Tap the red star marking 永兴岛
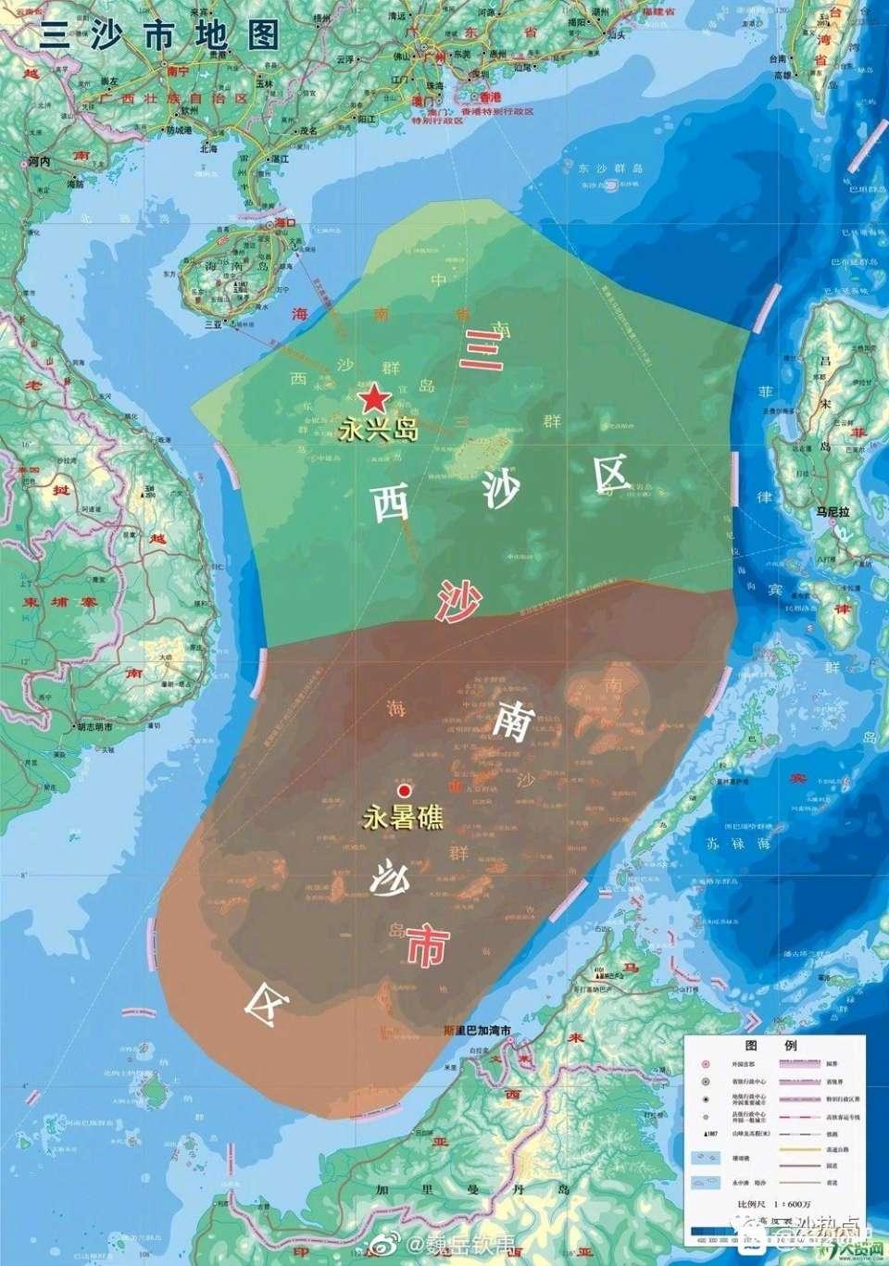(374, 398)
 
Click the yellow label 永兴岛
(379, 430)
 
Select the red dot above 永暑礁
(404, 791)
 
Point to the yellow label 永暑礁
(403, 819)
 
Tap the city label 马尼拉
(833, 510)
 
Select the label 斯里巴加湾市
(478, 1031)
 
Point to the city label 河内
(39, 160)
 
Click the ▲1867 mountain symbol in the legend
(707, 1134)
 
